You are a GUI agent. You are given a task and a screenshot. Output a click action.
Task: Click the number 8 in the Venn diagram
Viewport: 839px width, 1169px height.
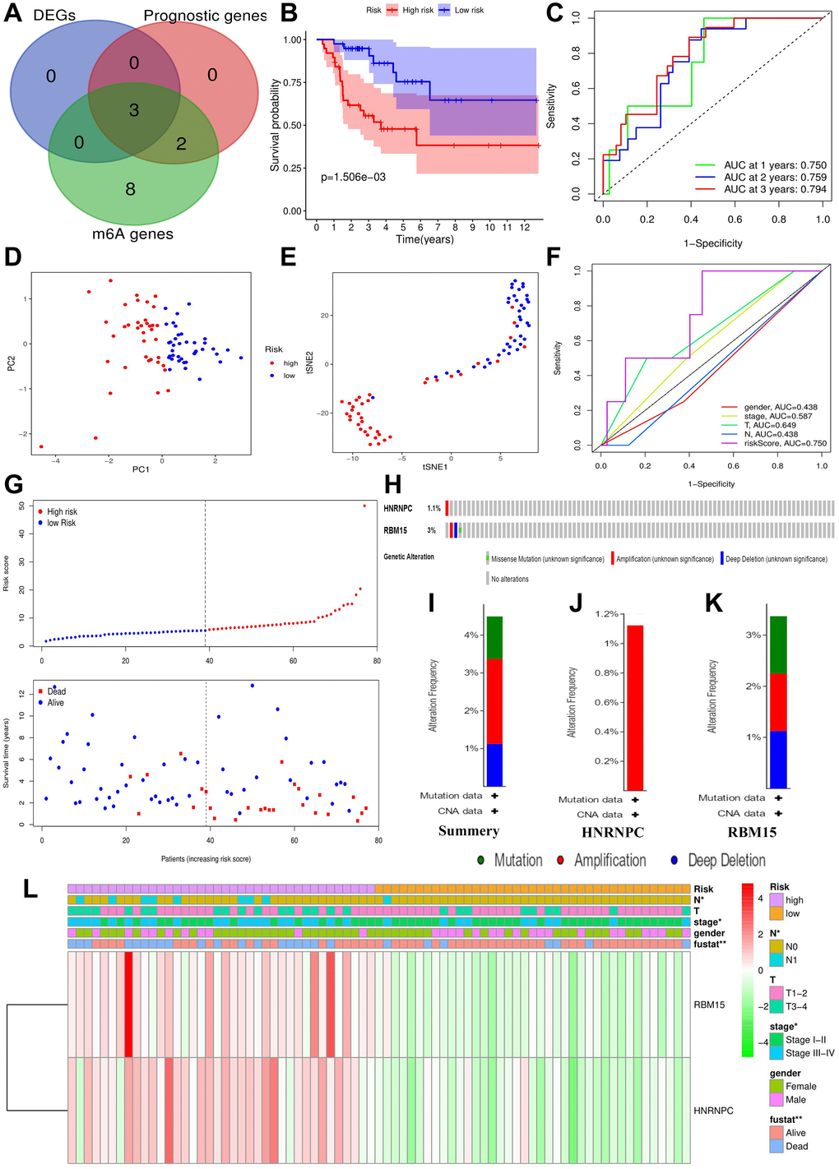(x=130, y=189)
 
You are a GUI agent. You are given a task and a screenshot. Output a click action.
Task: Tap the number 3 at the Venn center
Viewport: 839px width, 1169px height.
(x=134, y=110)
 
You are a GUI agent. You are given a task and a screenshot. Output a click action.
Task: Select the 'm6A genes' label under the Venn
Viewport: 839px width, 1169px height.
(x=132, y=234)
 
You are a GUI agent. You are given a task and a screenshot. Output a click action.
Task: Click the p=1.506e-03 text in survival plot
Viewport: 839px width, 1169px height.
(x=353, y=177)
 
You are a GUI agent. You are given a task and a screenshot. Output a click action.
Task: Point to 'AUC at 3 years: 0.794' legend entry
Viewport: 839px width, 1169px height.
(x=775, y=189)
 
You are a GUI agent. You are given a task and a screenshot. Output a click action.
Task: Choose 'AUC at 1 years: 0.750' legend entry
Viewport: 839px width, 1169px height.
(x=775, y=165)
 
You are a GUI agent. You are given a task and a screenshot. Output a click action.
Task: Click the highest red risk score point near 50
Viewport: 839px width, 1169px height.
(x=365, y=506)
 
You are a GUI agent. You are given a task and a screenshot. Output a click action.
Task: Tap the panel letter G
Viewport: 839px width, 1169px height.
(x=13, y=485)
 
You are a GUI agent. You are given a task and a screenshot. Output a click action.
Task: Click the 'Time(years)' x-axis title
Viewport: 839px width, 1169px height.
(x=424, y=239)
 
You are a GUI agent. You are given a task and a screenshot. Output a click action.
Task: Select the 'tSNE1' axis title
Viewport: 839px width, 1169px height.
(x=434, y=467)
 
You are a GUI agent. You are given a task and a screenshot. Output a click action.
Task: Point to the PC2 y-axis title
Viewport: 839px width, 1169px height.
(x=12, y=363)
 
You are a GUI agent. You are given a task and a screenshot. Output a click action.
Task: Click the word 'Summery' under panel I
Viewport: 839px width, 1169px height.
(x=469, y=831)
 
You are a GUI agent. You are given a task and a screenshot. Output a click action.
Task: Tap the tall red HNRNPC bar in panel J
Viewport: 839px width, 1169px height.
(x=635, y=707)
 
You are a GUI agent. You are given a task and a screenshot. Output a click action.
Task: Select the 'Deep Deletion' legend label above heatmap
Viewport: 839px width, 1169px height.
(x=726, y=861)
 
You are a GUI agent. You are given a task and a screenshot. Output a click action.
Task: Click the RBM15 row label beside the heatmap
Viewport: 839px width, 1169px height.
(x=709, y=1005)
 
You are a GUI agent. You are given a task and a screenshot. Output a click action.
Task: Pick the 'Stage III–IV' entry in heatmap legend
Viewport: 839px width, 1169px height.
(x=809, y=1053)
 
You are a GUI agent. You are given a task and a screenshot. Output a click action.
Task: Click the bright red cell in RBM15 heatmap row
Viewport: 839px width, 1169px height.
(x=129, y=1005)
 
